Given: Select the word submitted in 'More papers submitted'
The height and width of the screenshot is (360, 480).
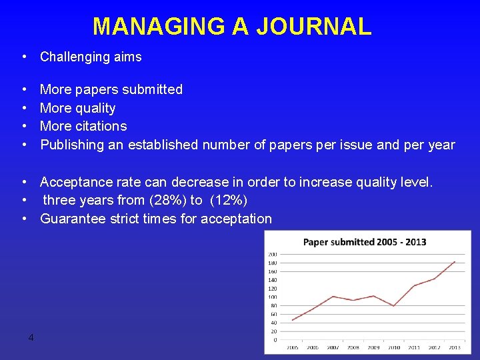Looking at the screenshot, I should (x=151, y=89).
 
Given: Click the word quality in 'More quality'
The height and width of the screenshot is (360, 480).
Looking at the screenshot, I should (x=95, y=108).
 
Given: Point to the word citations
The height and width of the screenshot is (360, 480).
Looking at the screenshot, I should (x=101, y=126).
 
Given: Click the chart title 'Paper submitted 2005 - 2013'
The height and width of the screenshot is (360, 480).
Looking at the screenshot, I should (x=365, y=242).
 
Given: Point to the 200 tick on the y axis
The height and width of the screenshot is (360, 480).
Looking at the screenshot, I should (x=272, y=254).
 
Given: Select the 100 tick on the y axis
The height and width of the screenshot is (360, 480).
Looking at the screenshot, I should (x=272, y=297).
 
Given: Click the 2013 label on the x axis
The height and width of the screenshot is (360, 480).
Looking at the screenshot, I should (x=455, y=347).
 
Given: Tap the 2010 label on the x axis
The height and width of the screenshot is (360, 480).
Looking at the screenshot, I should (x=394, y=347).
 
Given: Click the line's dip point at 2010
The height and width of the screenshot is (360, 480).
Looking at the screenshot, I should (x=394, y=305).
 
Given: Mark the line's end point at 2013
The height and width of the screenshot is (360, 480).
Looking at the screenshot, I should (x=455, y=261).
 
